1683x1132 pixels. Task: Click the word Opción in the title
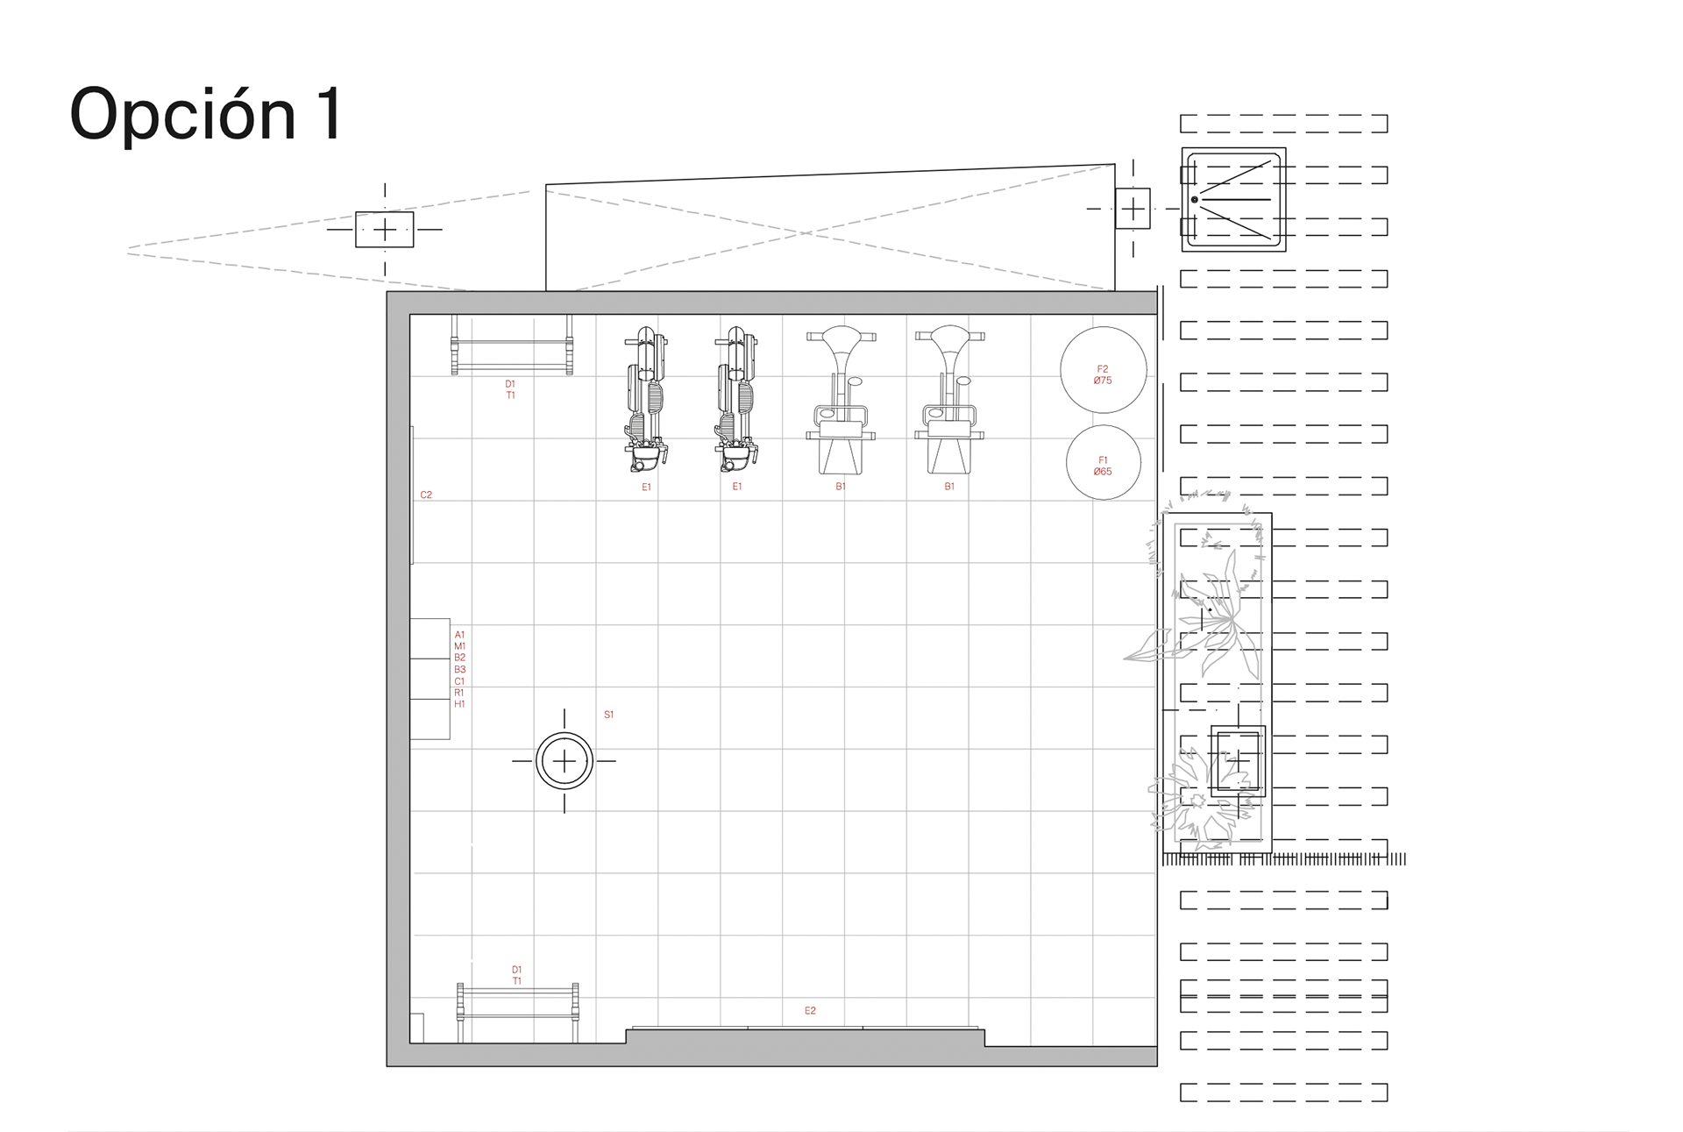(183, 114)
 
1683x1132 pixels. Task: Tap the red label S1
(608, 715)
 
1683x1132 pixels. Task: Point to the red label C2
(426, 495)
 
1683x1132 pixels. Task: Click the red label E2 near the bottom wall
(810, 1010)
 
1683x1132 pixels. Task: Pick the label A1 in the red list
(459, 634)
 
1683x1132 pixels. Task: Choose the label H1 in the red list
(459, 703)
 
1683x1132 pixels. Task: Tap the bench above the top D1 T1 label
(512, 345)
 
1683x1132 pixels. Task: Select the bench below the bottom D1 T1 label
(517, 1013)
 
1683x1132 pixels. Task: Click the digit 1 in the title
(330, 114)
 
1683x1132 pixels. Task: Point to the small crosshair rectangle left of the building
(384, 230)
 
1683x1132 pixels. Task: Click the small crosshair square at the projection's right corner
(1133, 209)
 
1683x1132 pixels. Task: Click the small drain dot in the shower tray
(1194, 200)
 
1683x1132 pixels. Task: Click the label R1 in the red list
(459, 692)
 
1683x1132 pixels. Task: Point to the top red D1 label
(510, 384)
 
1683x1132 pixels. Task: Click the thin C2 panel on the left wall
(411, 495)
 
